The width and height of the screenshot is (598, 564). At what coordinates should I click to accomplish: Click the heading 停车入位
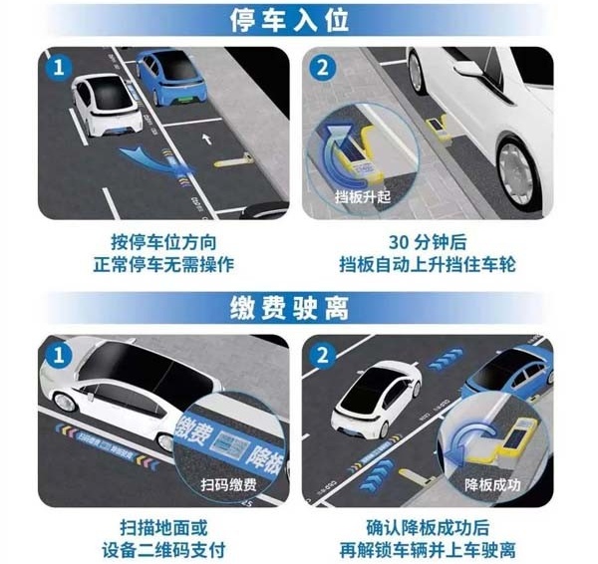pos(299,20)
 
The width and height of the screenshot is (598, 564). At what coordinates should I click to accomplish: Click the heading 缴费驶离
pos(299,304)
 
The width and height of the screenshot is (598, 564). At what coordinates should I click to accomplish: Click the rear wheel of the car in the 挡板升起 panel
pos(517,164)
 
